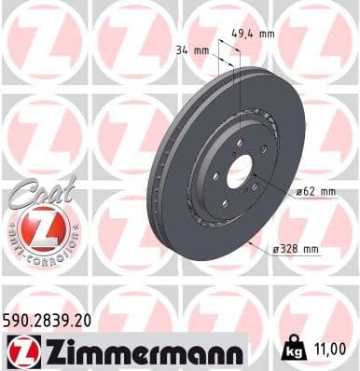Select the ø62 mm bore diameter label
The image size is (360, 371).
pyautogui.click(x=313, y=192)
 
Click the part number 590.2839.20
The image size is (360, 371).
pyautogui.click(x=48, y=320)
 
